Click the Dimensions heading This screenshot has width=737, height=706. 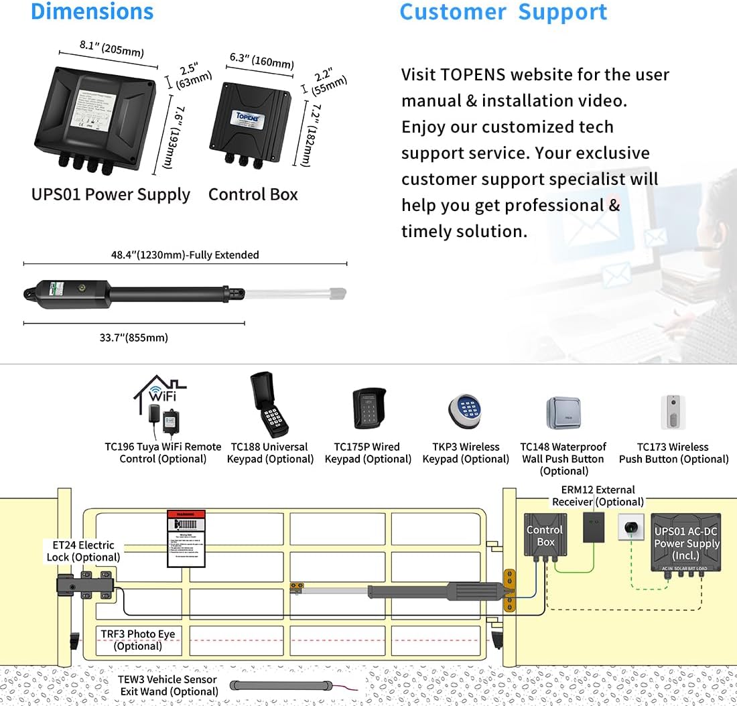(92, 11)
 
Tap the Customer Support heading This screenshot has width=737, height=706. (503, 12)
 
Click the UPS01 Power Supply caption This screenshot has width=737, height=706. (111, 194)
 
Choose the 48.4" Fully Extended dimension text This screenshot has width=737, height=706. (185, 255)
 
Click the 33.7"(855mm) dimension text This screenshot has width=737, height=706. (134, 338)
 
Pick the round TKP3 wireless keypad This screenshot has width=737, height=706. (466, 411)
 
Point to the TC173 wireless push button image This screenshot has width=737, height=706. (673, 411)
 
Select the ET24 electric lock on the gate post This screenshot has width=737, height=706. (85, 583)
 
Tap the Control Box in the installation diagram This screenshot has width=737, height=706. (545, 535)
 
